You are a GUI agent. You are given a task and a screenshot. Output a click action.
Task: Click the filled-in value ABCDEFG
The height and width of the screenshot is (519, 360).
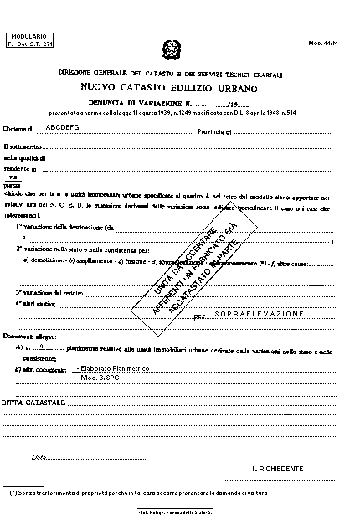(x=63, y=129)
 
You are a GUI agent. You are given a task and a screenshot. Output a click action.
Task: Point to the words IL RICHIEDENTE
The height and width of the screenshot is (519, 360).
(x=276, y=470)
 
